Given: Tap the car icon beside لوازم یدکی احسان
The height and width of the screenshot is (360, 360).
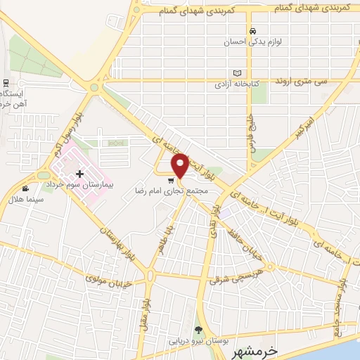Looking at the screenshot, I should [252, 31].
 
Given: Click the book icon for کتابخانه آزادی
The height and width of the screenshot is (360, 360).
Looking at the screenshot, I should [238, 73].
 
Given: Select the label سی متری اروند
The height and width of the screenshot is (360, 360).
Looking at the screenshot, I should [302, 82].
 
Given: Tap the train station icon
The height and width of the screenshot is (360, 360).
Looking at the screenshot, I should [5, 82].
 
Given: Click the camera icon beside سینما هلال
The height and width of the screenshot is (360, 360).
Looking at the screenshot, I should [26, 188].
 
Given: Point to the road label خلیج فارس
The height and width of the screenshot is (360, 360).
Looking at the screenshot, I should [247, 134].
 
